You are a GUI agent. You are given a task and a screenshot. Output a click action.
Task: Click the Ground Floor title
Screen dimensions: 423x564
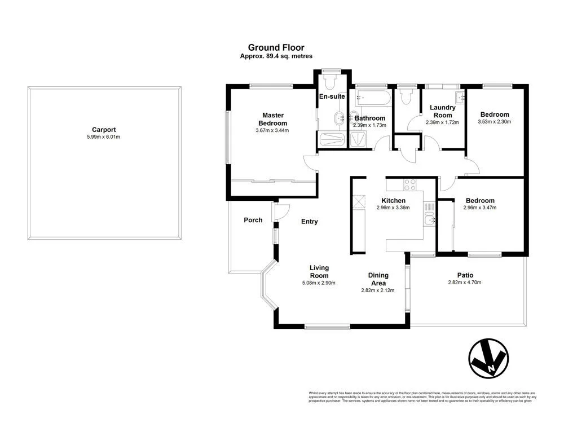[x=276, y=48]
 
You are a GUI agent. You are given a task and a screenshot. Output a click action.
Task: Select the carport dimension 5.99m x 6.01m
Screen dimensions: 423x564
[x=104, y=136]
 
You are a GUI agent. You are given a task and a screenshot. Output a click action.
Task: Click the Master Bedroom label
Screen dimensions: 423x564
[x=272, y=119]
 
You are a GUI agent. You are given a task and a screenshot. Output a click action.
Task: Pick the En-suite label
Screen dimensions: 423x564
[x=332, y=96]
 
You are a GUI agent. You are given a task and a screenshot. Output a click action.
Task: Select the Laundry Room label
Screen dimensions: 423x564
[x=442, y=111]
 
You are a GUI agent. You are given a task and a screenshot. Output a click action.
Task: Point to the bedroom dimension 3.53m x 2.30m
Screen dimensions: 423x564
[x=494, y=122]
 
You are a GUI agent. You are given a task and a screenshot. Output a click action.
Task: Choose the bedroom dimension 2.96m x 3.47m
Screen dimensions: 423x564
[x=479, y=208]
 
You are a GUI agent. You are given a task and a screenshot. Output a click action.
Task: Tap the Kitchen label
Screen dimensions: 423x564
[x=393, y=201]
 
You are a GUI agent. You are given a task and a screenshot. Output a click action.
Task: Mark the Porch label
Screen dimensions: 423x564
[x=253, y=220]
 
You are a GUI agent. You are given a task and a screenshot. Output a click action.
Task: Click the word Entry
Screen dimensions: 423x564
[x=309, y=222]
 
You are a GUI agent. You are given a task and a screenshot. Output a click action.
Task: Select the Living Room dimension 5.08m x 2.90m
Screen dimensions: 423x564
[x=319, y=283]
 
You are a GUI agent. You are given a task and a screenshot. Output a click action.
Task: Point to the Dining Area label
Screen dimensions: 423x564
[x=378, y=279]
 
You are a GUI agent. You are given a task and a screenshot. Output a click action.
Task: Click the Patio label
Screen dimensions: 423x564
[x=465, y=275]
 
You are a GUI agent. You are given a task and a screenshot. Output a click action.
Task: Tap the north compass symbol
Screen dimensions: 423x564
[x=488, y=359]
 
